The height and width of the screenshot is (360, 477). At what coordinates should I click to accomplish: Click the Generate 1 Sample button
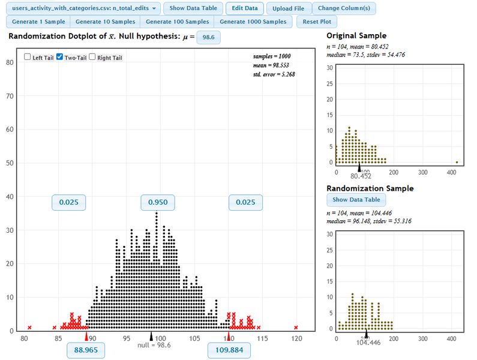pyautogui.click(x=38, y=22)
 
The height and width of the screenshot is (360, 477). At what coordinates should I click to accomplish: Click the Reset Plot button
pyautogui.click(x=317, y=22)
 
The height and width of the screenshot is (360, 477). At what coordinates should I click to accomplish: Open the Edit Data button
pyautogui.click(x=245, y=8)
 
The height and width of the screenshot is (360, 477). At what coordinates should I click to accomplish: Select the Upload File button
pyautogui.click(x=288, y=8)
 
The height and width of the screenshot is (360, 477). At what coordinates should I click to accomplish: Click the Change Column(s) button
pyautogui.click(x=344, y=8)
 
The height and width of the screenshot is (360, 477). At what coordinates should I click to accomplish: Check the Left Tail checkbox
pyautogui.click(x=28, y=58)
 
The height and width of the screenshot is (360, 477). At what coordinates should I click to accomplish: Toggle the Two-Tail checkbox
pyautogui.click(x=60, y=58)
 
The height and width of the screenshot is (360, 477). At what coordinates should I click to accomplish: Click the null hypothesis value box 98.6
pyautogui.click(x=209, y=37)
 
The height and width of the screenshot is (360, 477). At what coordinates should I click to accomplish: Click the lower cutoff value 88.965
pyautogui.click(x=86, y=350)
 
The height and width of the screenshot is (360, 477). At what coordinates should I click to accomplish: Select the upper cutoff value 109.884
pyautogui.click(x=229, y=350)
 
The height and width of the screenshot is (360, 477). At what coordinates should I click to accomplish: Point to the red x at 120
pyautogui.click(x=296, y=328)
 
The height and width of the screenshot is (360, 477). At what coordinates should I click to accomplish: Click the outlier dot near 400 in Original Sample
pyautogui.click(x=457, y=162)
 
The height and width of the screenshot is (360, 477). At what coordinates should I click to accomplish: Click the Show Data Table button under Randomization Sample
pyautogui.click(x=356, y=200)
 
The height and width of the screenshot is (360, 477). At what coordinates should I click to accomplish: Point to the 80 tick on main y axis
pyautogui.click(x=10, y=62)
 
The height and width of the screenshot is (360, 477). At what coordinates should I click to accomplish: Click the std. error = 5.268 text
pyautogui.click(x=274, y=74)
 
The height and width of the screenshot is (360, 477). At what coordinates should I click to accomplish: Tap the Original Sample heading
pyautogui.click(x=356, y=36)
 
